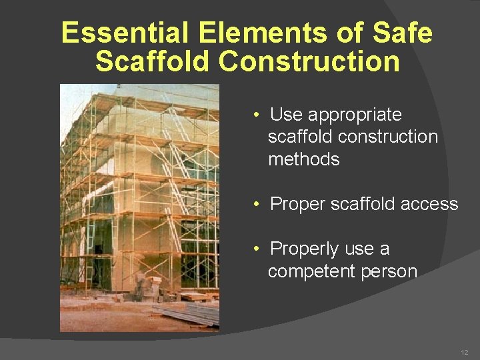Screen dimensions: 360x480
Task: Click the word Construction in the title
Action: tap(309, 61)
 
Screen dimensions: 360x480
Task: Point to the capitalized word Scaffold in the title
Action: tap(153, 61)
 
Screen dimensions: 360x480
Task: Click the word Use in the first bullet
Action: tap(286, 115)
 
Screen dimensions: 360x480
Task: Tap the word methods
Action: tap(303, 159)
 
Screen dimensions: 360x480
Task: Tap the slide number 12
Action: tap(464, 351)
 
